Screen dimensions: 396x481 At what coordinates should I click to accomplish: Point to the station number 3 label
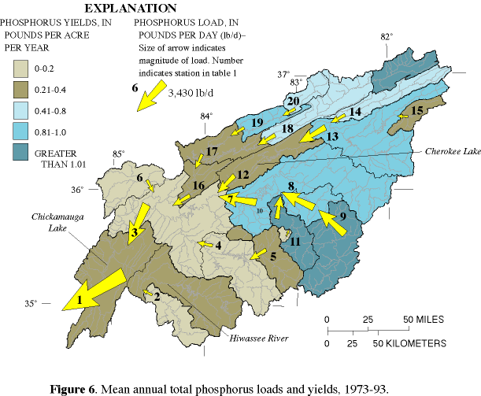(135, 233)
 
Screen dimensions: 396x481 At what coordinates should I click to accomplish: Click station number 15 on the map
(417, 109)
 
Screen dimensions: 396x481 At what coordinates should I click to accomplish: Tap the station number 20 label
(292, 101)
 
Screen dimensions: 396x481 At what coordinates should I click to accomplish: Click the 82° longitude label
(386, 36)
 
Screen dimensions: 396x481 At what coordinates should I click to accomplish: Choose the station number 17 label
(210, 150)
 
